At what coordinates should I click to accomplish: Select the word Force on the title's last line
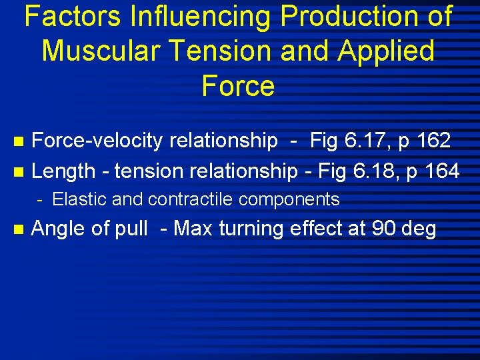pyautogui.click(x=238, y=87)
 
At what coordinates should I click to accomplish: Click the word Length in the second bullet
pyautogui.click(x=63, y=171)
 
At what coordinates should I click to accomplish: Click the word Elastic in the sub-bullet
pyautogui.click(x=75, y=199)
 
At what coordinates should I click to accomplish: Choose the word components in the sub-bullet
pyautogui.click(x=294, y=199)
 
